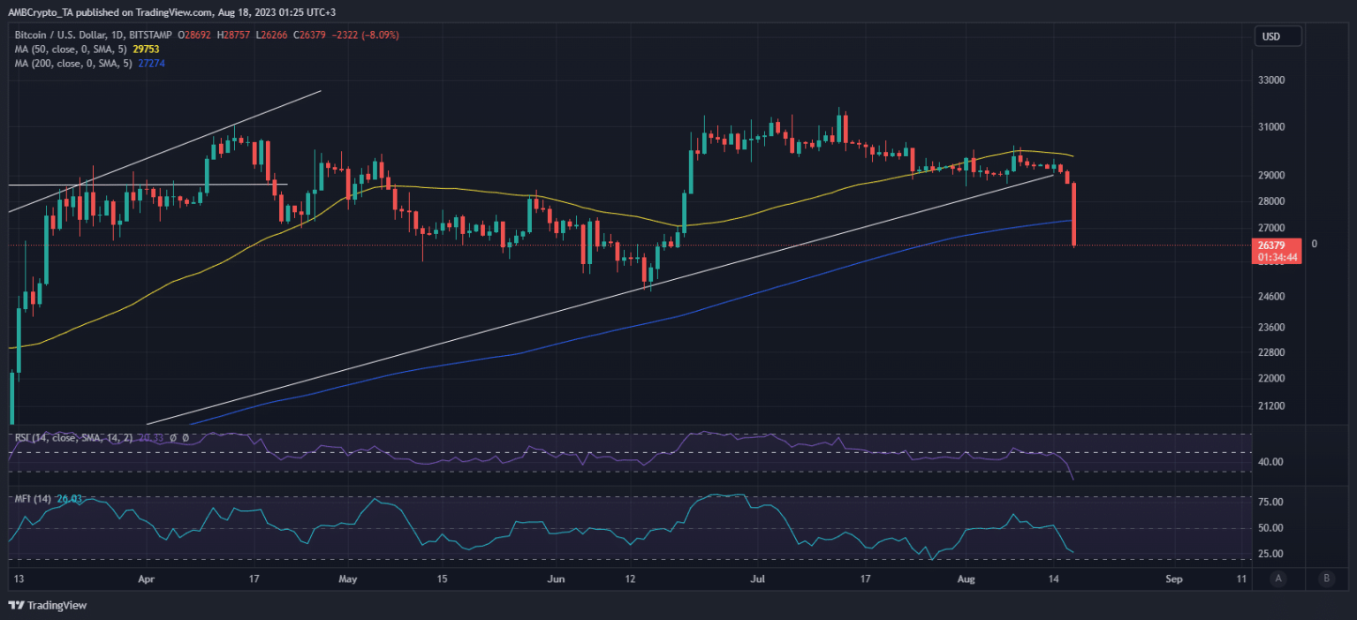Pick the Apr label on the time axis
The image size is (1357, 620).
click(147, 580)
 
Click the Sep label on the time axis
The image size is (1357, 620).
click(1173, 580)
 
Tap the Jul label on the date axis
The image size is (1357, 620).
click(756, 580)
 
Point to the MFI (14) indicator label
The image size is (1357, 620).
click(33, 499)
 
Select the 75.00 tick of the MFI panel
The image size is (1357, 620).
click(1270, 503)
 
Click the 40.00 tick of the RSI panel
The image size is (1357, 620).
click(1270, 462)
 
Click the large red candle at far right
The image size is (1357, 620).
click(1073, 214)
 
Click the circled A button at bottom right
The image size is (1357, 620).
click(1277, 579)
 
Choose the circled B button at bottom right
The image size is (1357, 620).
click(1325, 579)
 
